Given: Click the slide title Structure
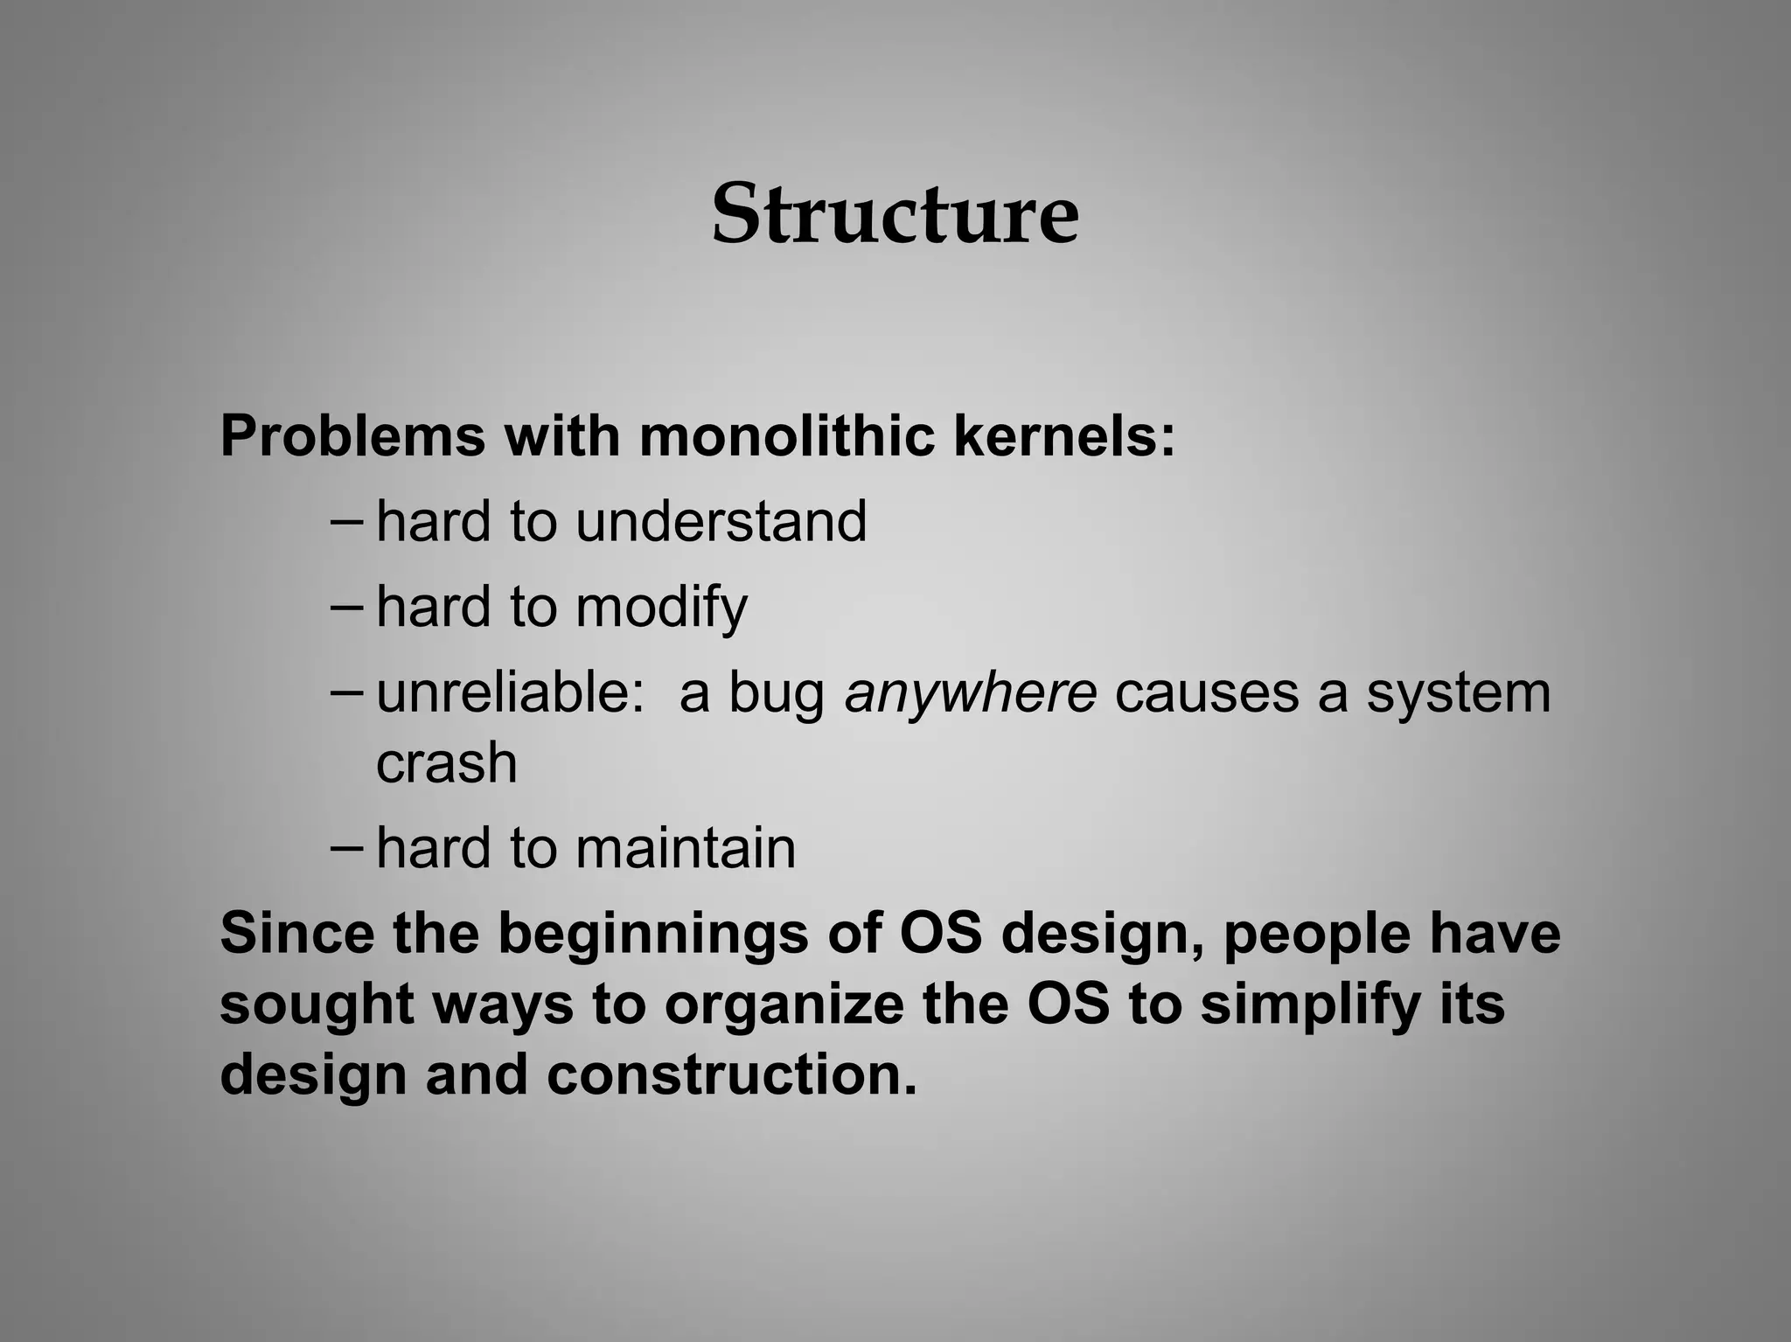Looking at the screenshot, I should click(x=895, y=215).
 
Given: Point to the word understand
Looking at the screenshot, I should click(x=721, y=521).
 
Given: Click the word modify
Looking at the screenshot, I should click(x=661, y=607).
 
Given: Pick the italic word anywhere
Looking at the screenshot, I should click(x=970, y=693).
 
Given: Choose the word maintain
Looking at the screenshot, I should click(x=686, y=848).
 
